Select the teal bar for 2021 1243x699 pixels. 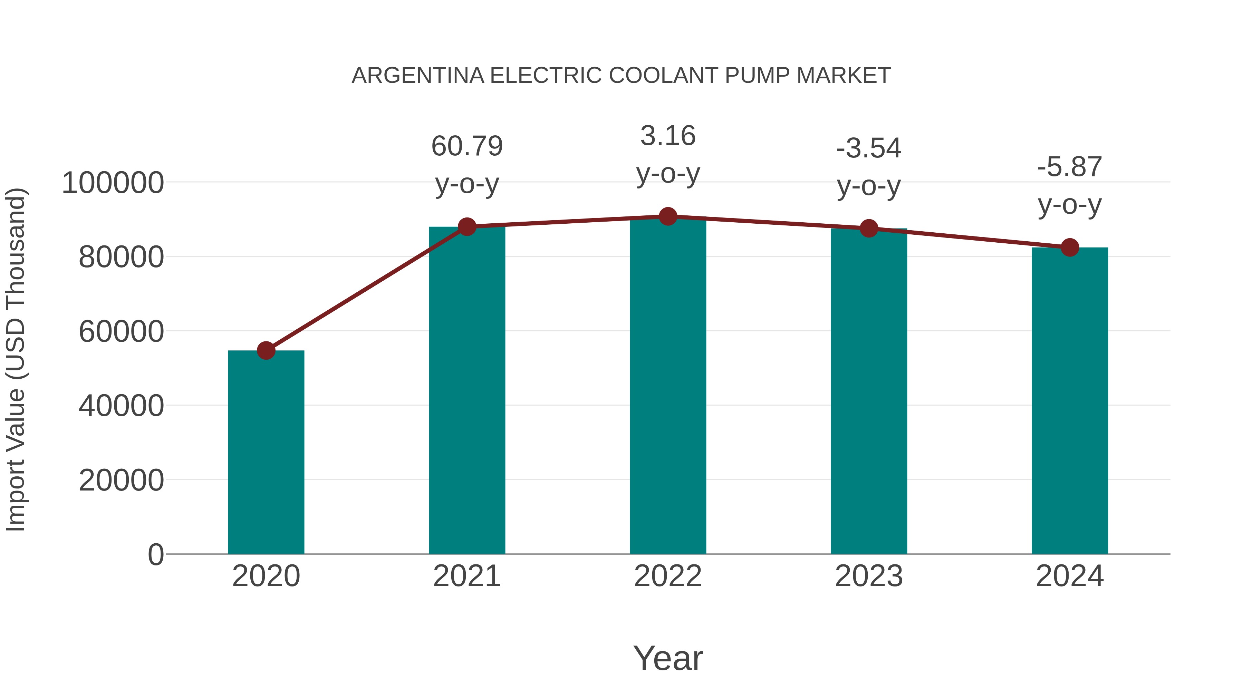pyautogui.click(x=466, y=390)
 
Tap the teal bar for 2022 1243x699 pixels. pyautogui.click(x=668, y=386)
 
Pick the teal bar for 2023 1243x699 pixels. pyautogui.click(x=869, y=391)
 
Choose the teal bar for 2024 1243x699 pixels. pyautogui.click(x=1070, y=400)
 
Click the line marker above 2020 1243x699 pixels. pyautogui.click(x=266, y=351)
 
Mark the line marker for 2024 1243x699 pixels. pyautogui.click(x=1070, y=247)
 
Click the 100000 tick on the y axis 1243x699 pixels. pyautogui.click(x=113, y=183)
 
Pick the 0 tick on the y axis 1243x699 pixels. pyautogui.click(x=156, y=554)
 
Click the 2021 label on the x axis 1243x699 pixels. pyautogui.click(x=466, y=576)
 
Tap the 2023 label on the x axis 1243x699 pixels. pyautogui.click(x=869, y=576)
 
